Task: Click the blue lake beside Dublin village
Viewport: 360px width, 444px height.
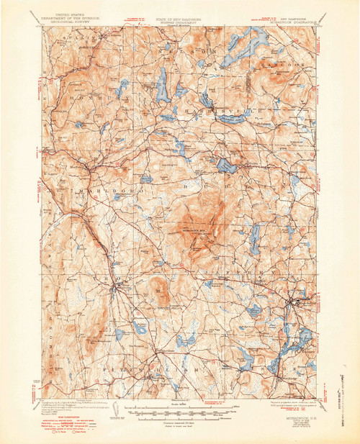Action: point(225,166)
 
